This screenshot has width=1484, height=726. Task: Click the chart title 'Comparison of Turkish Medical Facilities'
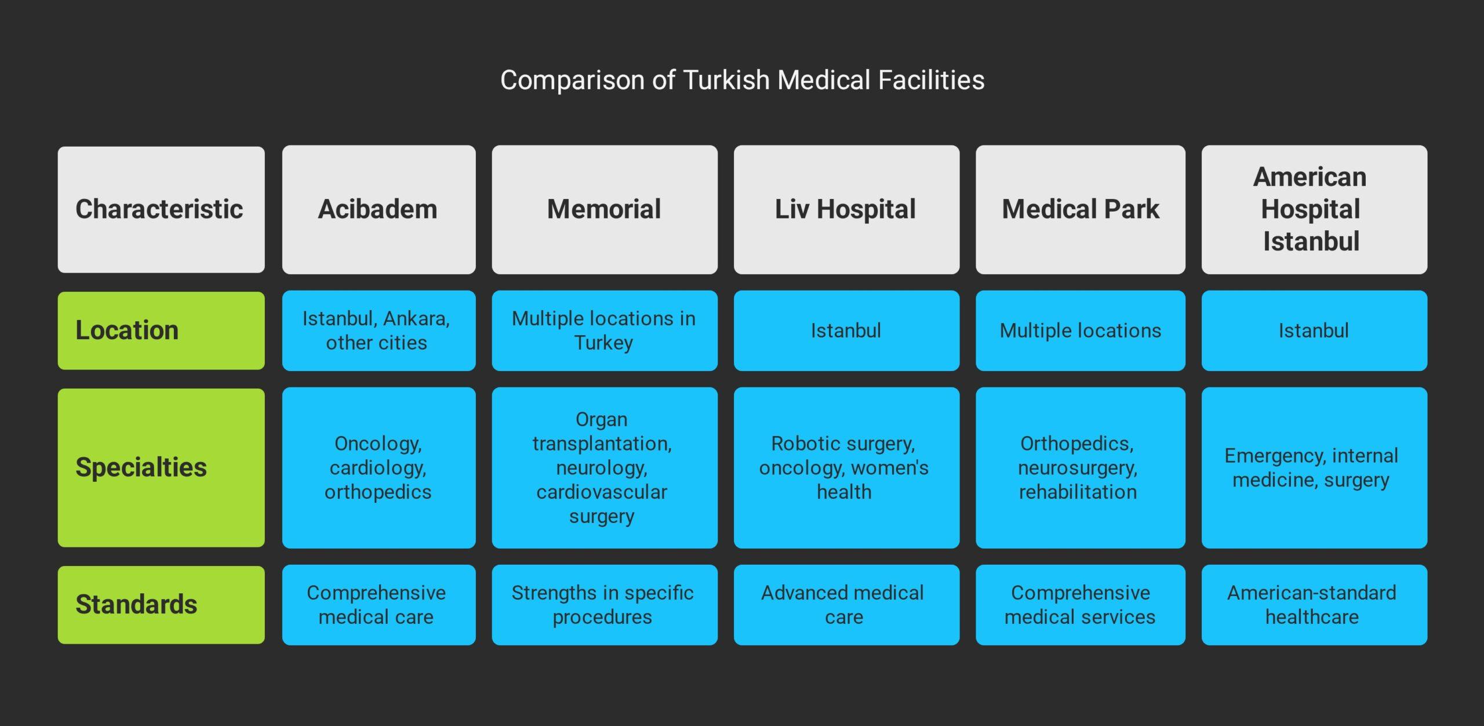[x=742, y=80]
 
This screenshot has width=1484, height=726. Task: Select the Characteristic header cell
[x=161, y=209]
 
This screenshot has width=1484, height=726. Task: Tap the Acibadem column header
[x=379, y=209]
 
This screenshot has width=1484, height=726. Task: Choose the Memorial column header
[x=604, y=209]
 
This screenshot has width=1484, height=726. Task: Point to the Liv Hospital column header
[x=846, y=209]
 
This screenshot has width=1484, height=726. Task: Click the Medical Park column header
[x=1080, y=209]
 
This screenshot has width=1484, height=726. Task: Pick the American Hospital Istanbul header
[x=1314, y=209]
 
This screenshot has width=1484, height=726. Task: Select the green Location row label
[x=161, y=331]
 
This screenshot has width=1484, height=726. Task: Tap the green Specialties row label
[x=161, y=467]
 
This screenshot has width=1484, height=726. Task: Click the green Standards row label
[x=161, y=604]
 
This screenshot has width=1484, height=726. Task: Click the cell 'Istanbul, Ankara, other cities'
[x=379, y=331]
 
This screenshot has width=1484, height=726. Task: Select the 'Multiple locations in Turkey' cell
[x=604, y=331]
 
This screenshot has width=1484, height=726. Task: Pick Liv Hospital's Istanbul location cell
[x=846, y=331]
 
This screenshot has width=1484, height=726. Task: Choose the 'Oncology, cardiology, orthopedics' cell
[x=379, y=467]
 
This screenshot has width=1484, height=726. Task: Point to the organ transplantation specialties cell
[x=604, y=467]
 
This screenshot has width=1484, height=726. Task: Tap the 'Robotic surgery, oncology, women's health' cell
[x=846, y=467]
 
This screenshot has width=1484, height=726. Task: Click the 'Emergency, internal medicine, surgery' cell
[x=1314, y=467]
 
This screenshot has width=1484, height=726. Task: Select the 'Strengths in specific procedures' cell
[x=604, y=604]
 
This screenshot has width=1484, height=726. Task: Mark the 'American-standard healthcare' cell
[x=1314, y=604]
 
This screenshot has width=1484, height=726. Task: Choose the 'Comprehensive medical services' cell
[x=1080, y=604]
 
